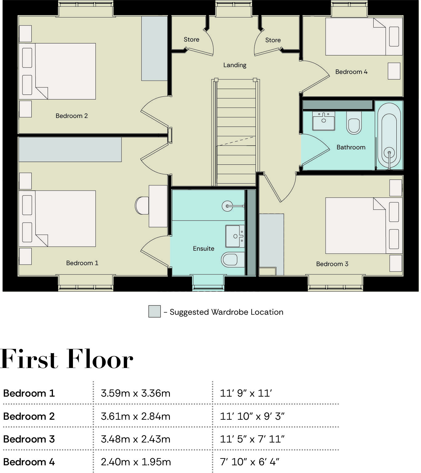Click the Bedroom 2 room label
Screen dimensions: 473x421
(x=71, y=116)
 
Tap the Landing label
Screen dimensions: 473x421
(x=235, y=65)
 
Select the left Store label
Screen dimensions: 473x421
(x=191, y=39)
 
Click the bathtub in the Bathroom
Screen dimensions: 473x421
(x=389, y=136)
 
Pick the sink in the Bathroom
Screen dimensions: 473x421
(x=323, y=121)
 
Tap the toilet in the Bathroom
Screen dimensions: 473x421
(x=354, y=122)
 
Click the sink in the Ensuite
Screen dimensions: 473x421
(x=235, y=236)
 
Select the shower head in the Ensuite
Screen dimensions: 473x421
(x=228, y=206)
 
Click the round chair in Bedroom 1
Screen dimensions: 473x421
(x=142, y=206)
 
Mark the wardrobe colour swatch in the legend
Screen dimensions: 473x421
(x=154, y=311)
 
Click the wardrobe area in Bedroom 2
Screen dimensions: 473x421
(x=154, y=48)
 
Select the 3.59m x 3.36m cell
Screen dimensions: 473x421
(x=135, y=393)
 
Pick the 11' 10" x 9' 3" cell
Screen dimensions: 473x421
(x=252, y=416)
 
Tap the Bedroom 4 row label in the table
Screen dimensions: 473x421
(x=29, y=462)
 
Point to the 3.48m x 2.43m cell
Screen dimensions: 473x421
(x=135, y=439)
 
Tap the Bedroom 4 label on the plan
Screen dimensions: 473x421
(x=351, y=72)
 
